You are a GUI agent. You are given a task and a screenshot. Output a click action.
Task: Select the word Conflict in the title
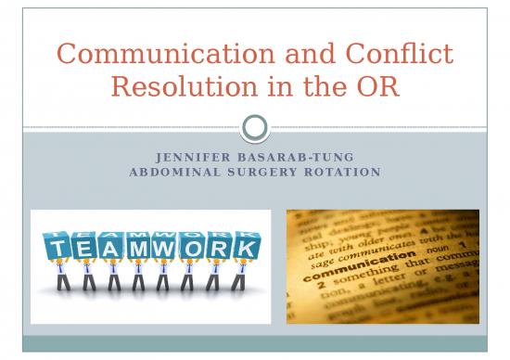[x=400, y=54]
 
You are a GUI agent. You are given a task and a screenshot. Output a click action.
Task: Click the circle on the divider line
[x=254, y=127]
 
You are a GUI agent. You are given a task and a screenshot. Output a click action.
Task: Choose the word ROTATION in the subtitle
[x=340, y=173]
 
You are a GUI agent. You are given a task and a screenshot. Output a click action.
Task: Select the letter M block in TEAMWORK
[x=139, y=249]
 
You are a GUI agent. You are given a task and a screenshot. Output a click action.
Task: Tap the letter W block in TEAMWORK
[x=166, y=249]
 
